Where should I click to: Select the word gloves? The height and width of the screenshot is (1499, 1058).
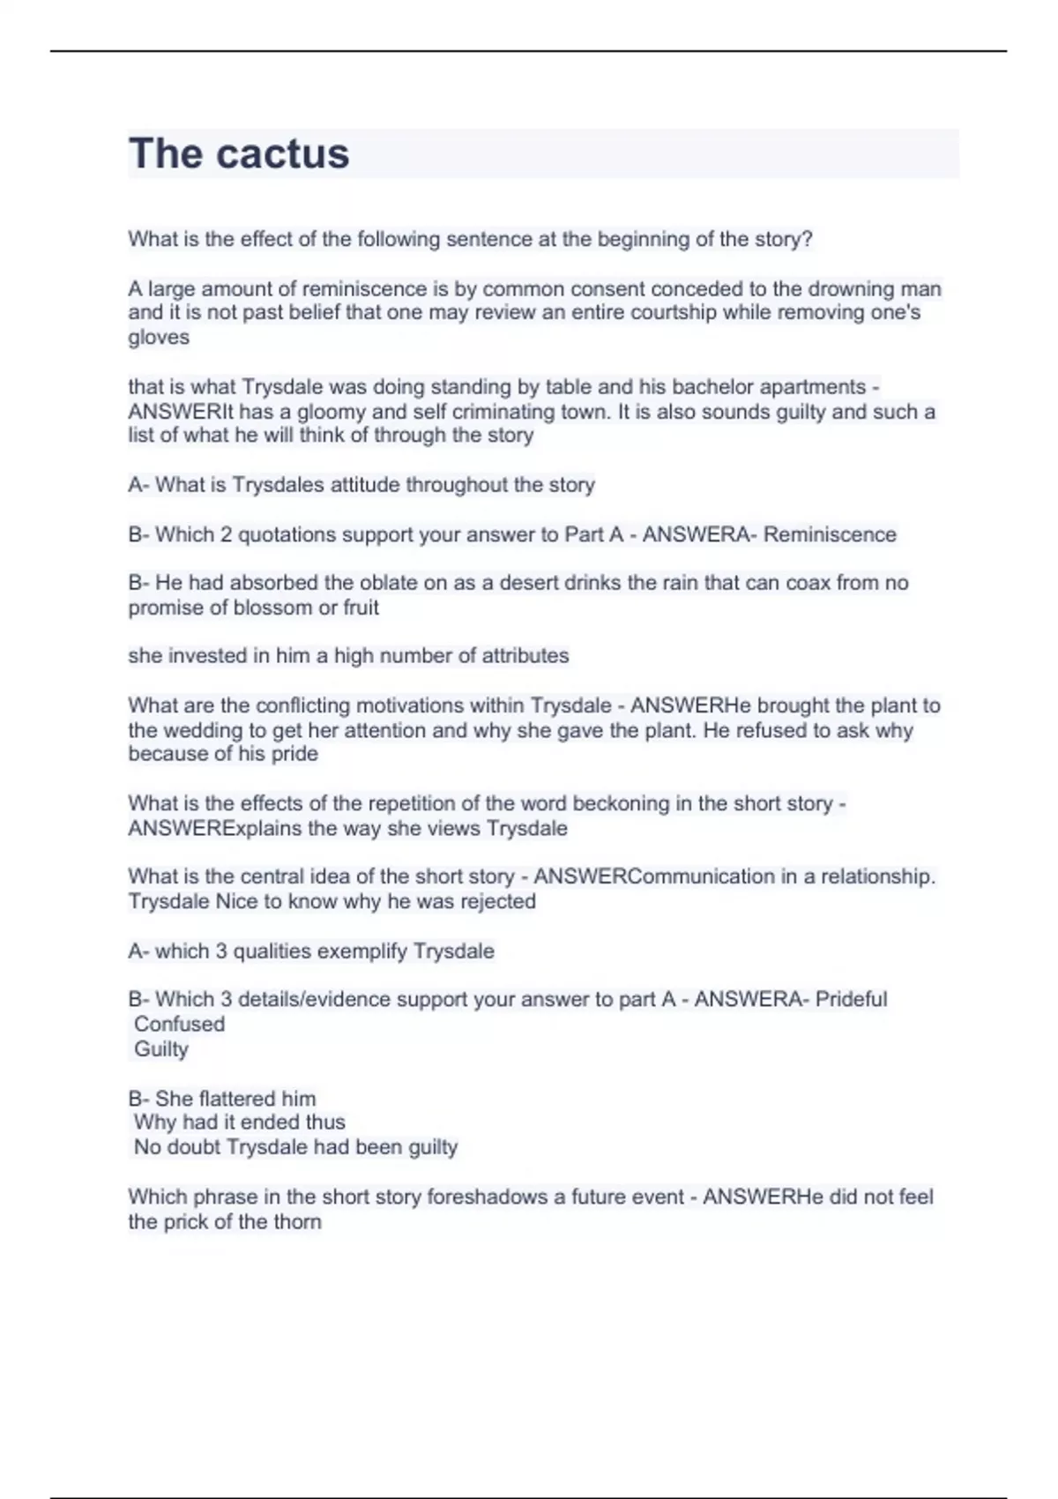(x=159, y=337)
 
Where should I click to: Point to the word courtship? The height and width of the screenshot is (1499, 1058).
(x=674, y=312)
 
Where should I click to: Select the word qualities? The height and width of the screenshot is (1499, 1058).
(x=272, y=951)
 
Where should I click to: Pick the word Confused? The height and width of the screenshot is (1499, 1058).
(x=179, y=1024)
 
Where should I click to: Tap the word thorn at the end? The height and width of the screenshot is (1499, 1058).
(x=296, y=1222)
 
